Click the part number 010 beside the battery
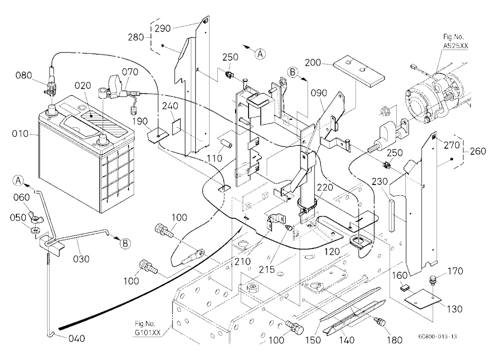pos(20,134)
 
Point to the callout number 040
pos(76,339)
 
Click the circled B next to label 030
pos(125,243)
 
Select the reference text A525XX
pos(455,46)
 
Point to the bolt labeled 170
pos(433,281)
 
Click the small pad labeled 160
pos(405,288)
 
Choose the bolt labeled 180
pos(379,322)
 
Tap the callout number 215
pos(267,270)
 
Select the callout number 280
pos(136,37)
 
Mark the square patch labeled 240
pos(177,126)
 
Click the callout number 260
pos(478,151)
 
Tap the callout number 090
pos(319,93)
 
